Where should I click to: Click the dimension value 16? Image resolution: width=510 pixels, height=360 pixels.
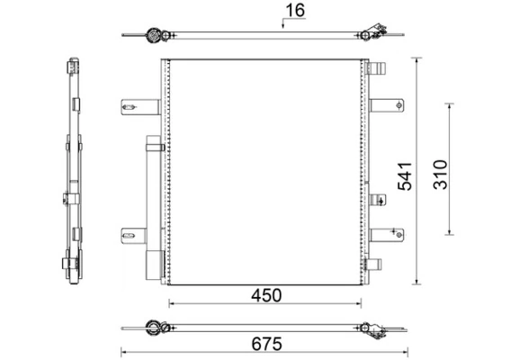[295, 11]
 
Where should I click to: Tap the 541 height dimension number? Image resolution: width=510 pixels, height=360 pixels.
[405, 176]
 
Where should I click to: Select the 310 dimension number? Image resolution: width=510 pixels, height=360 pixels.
[441, 175]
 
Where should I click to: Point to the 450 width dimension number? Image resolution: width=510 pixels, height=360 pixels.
[266, 295]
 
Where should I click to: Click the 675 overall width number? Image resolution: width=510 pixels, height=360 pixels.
[267, 344]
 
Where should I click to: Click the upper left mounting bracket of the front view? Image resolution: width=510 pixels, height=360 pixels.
[140, 107]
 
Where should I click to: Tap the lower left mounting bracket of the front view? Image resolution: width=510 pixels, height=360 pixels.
[134, 236]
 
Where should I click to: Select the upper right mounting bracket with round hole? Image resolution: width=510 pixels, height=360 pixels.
[387, 105]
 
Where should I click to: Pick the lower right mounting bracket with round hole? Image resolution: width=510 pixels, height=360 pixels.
[387, 235]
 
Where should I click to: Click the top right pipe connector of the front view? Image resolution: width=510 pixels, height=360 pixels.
[376, 68]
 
